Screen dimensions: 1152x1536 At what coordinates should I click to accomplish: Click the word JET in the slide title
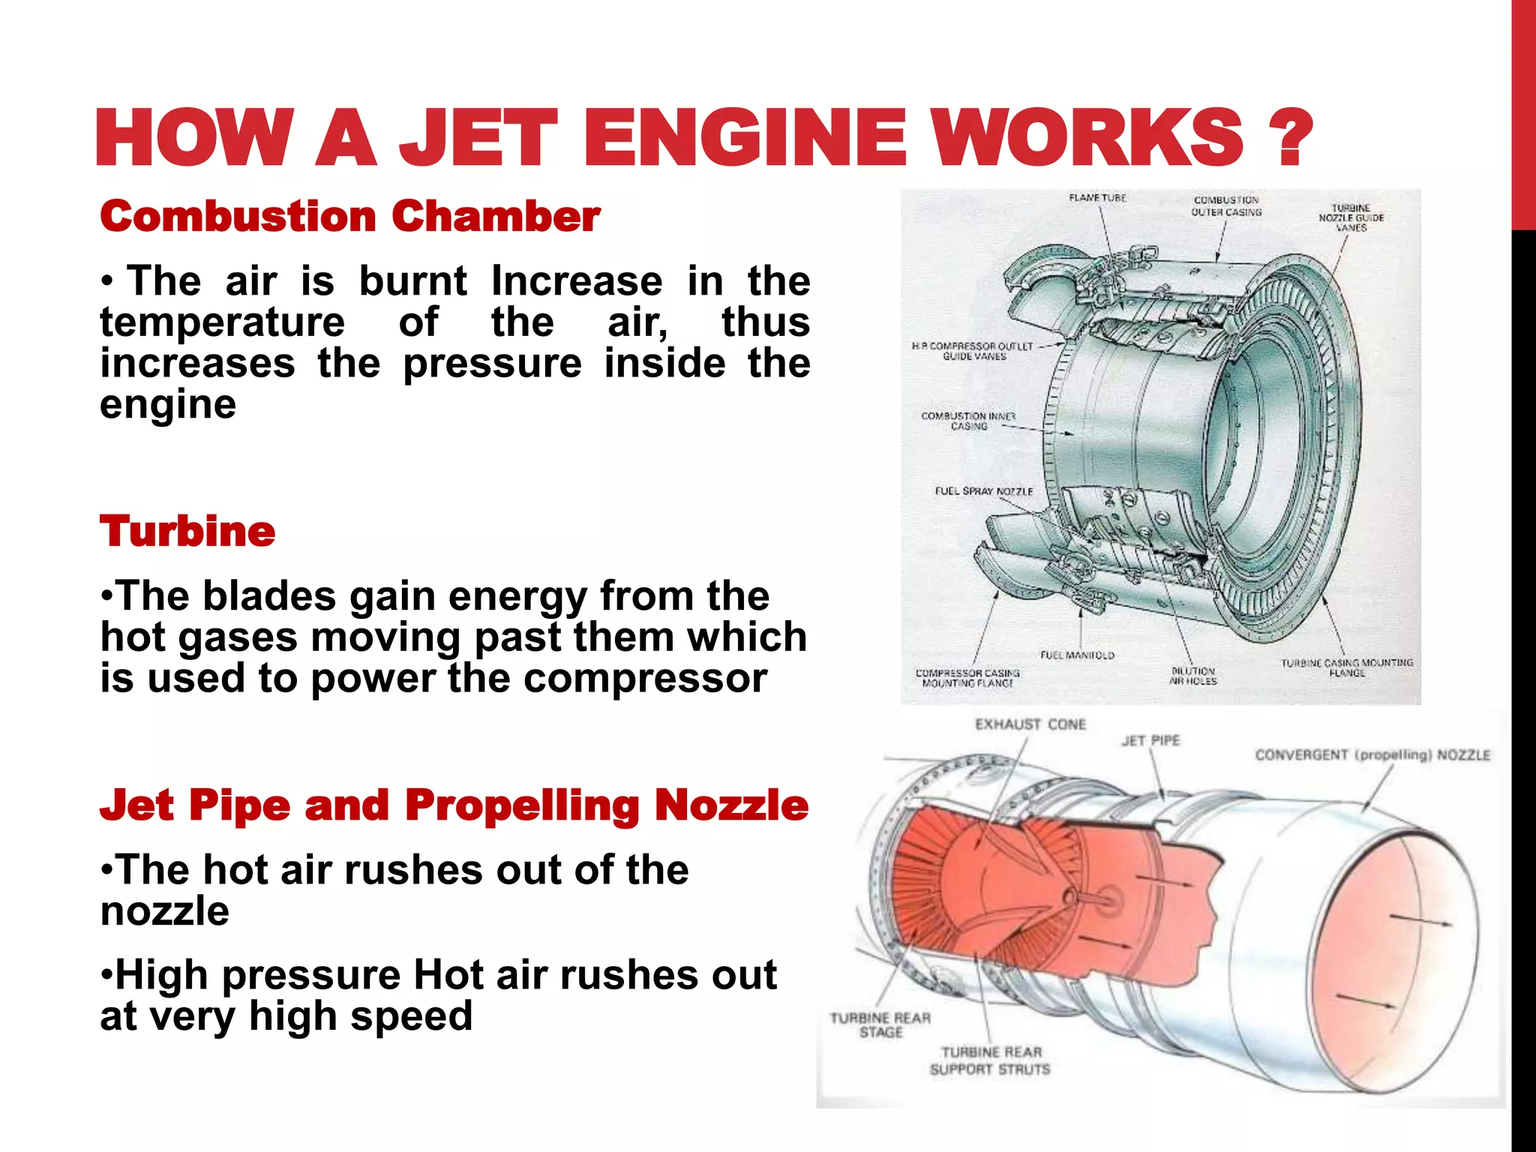[x=478, y=137]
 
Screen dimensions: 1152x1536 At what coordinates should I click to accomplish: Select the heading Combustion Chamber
[x=350, y=217]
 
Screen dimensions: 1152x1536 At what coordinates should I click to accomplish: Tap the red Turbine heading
[x=187, y=532]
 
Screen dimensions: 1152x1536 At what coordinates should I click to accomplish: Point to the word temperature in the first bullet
[x=223, y=322]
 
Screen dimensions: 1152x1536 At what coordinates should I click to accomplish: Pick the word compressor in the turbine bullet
[x=645, y=679]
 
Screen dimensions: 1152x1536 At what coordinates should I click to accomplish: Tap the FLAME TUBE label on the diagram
[x=1097, y=198]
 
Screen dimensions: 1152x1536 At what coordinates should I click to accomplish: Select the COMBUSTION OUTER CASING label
[x=1226, y=206]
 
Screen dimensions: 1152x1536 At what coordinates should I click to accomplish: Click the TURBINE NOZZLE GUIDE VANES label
[x=1351, y=217]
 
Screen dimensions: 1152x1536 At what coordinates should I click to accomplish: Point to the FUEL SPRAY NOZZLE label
[x=983, y=491]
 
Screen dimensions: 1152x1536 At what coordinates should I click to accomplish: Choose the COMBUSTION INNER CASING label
[x=968, y=421]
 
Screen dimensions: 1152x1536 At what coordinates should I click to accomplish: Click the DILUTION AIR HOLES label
[x=1192, y=676]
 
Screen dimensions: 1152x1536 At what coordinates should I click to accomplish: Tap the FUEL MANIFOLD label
[x=1077, y=655]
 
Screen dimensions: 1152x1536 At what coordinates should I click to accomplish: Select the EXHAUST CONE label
[x=1030, y=724]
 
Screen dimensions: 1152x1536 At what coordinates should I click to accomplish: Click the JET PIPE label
[x=1150, y=741]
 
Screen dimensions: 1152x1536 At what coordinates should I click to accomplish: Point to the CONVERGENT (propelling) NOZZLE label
[x=1372, y=755]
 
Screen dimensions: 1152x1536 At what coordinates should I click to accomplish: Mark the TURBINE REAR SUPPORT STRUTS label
[x=990, y=1060]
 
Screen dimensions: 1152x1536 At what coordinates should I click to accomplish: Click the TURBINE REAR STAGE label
[x=880, y=1025]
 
